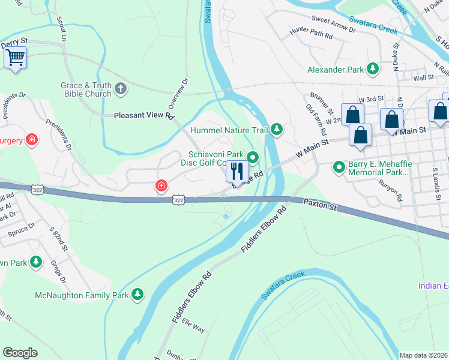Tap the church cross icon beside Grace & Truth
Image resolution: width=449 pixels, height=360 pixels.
(121, 89)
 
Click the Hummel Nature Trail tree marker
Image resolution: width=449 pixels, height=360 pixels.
(277, 128)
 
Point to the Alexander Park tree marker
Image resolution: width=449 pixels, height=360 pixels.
(373, 69)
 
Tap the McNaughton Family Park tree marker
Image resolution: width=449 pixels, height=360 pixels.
(138, 294)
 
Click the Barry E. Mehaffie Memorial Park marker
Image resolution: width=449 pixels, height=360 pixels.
(340, 167)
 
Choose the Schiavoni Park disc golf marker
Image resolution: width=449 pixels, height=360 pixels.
(253, 158)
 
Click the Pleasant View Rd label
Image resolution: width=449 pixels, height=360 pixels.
(144, 115)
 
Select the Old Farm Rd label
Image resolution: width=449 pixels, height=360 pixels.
(316, 119)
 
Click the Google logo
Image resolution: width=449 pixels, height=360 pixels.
(20, 353)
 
